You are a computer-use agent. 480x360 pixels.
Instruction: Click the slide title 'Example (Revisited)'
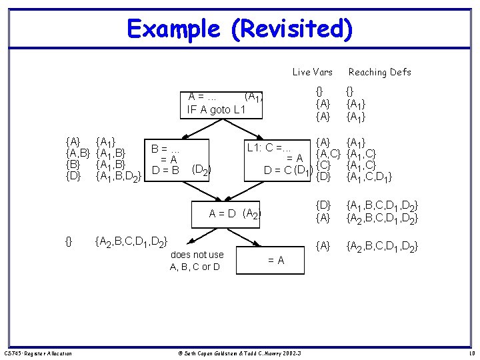point(239,29)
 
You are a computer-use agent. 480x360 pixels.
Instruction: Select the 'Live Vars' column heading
point(312,72)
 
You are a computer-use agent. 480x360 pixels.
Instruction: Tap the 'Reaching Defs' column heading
point(380,72)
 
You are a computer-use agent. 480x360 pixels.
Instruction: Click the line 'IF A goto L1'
point(217,109)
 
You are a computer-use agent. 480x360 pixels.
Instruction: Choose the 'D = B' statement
point(166,170)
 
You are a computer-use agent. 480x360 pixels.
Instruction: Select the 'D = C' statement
point(280,170)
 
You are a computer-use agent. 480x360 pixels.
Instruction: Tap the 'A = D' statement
point(223,214)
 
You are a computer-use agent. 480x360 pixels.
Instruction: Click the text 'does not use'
point(197,255)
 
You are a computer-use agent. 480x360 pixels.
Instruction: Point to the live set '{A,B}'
point(77,153)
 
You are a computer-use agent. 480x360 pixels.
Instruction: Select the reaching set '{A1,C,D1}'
point(369,177)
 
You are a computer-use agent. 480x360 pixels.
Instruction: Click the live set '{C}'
point(323,165)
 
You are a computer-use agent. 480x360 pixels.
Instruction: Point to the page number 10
point(471,353)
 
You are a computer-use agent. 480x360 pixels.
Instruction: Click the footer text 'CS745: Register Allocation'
point(38,353)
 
